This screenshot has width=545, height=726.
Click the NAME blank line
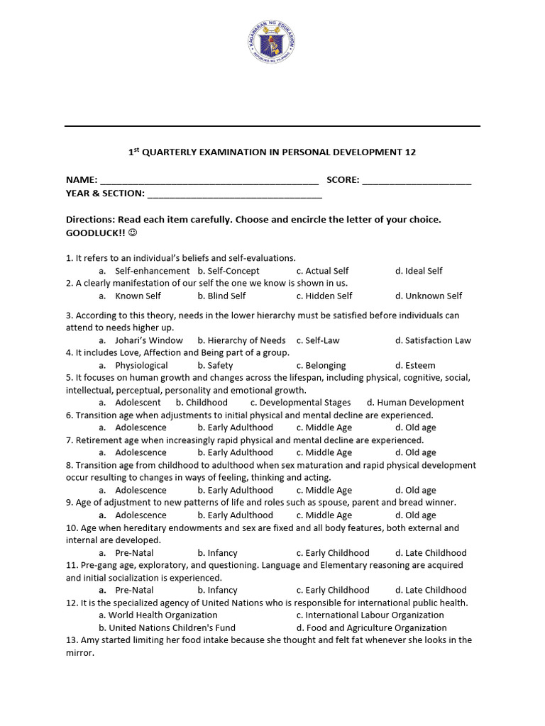tap(209, 182)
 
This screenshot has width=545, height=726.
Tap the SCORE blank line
tap(417, 182)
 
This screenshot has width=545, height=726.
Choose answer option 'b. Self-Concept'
tap(229, 271)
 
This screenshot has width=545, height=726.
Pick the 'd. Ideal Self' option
tap(419, 271)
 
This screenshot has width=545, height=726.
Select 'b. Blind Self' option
tap(221, 296)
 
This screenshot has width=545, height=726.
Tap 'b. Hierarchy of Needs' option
tap(241, 340)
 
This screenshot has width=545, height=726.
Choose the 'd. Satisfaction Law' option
tap(433, 340)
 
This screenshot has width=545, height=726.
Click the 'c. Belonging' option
tap(321, 365)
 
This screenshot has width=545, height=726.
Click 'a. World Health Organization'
tap(158, 615)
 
